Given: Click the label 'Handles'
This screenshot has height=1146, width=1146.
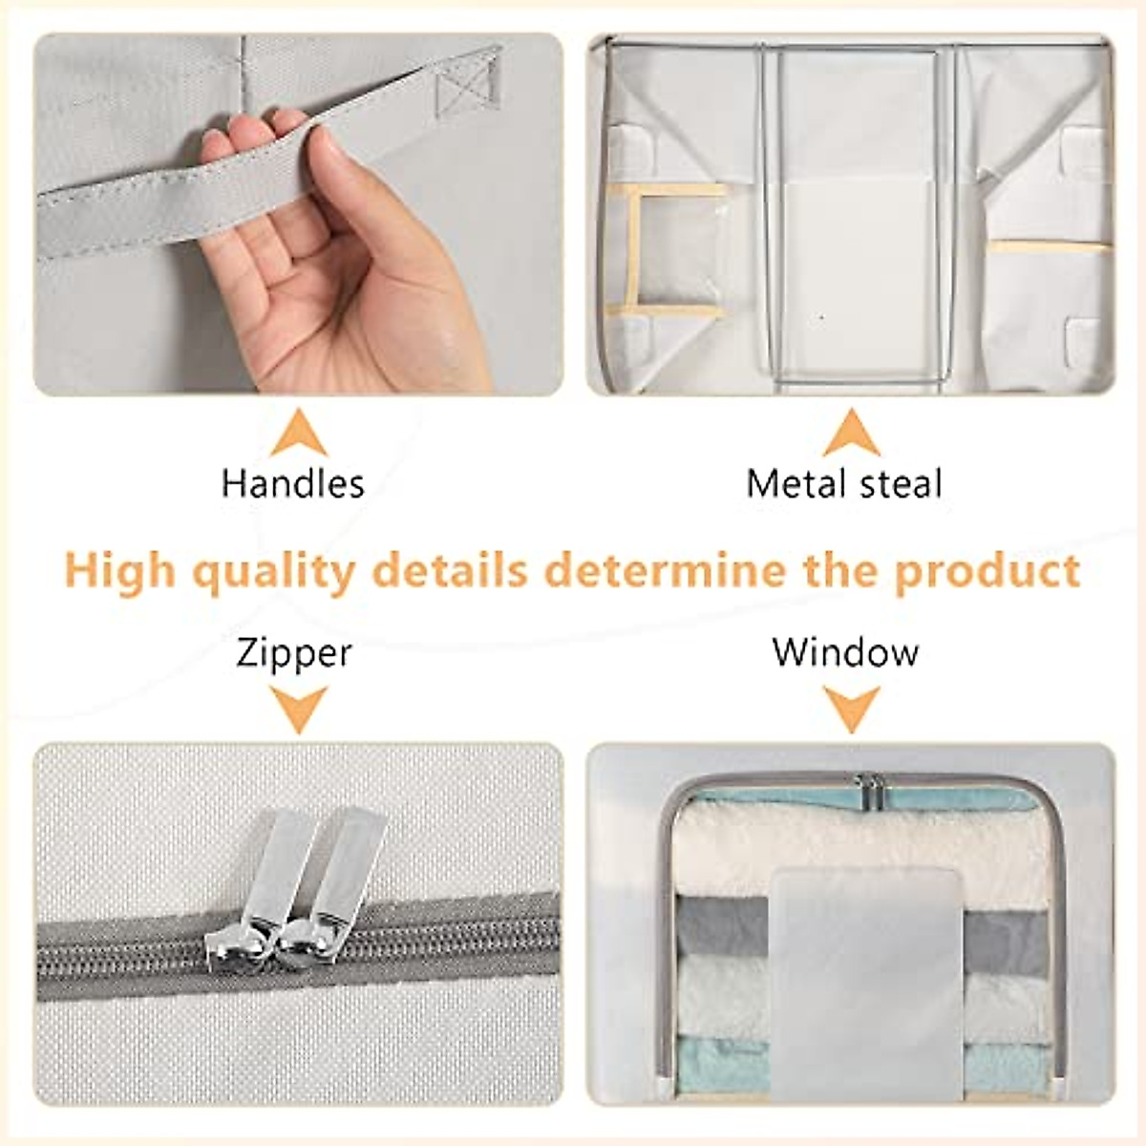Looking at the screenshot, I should [292, 483].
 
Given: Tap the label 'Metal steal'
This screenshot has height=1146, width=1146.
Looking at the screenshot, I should [844, 483].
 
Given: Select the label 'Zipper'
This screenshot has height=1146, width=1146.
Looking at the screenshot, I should [294, 654].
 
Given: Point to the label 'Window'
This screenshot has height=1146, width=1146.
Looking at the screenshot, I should [845, 652].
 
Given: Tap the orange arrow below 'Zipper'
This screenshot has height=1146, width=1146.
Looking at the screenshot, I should [298, 710].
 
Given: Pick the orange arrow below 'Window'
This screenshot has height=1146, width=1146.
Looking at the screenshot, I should [851, 710].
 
